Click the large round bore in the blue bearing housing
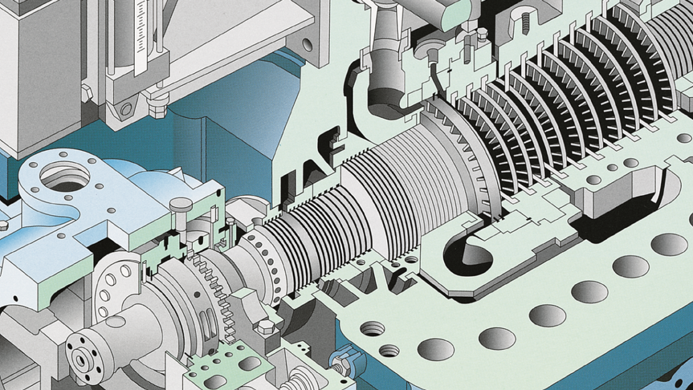(64, 177)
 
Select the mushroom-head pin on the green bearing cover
(180, 205)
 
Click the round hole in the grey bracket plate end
(306, 43)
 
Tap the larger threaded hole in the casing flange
(373, 329)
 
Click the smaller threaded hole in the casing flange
(389, 351)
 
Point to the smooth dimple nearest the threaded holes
(436, 349)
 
